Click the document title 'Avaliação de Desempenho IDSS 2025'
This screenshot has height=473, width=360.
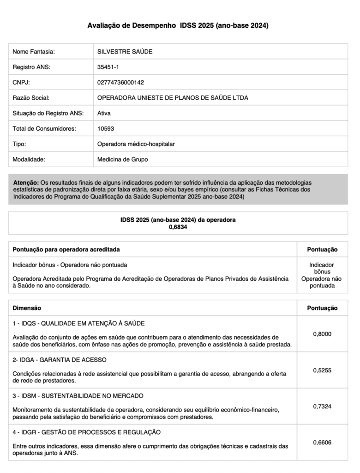point(178,26)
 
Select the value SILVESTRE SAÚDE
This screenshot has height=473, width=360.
point(125,52)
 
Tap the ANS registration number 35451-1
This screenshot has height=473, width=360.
point(108,67)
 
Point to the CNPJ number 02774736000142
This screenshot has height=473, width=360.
point(120,82)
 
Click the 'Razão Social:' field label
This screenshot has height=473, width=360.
point(31,98)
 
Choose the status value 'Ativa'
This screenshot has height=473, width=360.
point(104,113)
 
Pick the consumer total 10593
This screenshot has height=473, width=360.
point(106,128)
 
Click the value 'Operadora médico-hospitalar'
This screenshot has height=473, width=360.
point(136,144)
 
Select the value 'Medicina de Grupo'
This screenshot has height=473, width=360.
point(123,159)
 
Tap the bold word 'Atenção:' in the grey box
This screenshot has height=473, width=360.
point(26,183)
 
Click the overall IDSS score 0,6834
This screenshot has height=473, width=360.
point(178,227)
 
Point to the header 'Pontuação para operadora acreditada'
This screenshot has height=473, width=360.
point(66,249)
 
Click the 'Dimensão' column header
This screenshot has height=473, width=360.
point(27,308)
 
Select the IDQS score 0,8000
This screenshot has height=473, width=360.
point(322,334)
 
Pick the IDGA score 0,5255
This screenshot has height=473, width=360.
point(322,370)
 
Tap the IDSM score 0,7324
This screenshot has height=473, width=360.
point(322,406)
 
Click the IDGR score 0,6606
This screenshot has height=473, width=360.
point(322,443)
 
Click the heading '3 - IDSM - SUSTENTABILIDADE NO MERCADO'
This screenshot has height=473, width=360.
point(78,396)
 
